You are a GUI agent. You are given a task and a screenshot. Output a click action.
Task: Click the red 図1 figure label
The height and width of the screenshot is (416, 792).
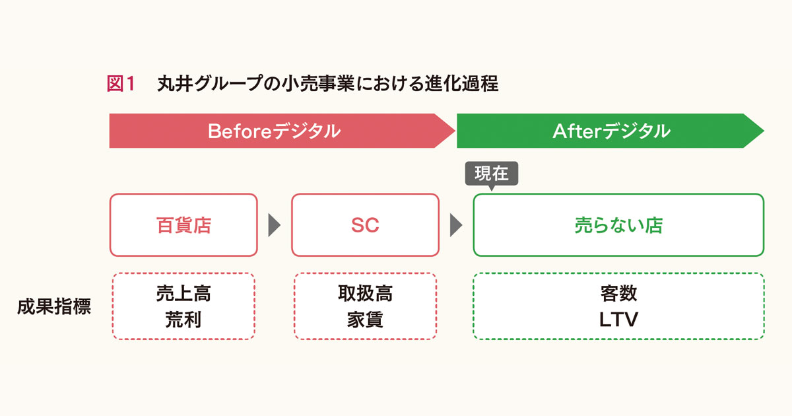tap(121, 84)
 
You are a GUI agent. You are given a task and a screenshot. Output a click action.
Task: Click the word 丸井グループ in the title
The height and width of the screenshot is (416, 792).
tap(211, 84)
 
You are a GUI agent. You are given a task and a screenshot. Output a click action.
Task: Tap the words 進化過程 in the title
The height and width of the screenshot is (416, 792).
tap(462, 84)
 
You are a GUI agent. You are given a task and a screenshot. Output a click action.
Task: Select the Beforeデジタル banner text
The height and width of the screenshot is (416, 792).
tap(274, 131)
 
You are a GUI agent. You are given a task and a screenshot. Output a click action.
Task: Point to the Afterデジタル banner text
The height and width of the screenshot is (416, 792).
tap(611, 131)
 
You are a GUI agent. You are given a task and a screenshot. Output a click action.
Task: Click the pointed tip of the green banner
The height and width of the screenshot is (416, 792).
tap(764, 131)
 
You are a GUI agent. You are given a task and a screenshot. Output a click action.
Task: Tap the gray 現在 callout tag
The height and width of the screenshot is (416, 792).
tap(492, 174)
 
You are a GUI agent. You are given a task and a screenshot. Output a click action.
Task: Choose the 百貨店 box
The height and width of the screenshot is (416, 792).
tap(183, 225)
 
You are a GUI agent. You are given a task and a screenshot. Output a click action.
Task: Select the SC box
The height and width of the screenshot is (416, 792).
tap(365, 225)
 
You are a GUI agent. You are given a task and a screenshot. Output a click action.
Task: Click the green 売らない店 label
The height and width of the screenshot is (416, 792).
tap(619, 225)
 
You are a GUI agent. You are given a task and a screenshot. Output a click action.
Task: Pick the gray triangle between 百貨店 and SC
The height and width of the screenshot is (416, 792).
tap(275, 225)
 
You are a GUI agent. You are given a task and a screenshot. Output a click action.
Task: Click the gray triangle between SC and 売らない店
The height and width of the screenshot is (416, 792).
tap(456, 225)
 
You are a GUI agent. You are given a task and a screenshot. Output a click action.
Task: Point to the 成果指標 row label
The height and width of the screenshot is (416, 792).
tap(54, 306)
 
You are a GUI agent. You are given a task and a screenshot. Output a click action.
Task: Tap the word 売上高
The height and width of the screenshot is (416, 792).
tap(183, 293)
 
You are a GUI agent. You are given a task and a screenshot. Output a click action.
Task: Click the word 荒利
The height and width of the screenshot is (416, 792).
tap(183, 320)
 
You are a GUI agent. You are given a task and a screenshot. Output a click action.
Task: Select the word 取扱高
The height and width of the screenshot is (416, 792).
tap(365, 293)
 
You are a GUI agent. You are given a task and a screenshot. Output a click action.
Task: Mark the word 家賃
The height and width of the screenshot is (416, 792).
tap(365, 320)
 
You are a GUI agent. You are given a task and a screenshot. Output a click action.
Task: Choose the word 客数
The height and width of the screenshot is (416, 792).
tap(619, 293)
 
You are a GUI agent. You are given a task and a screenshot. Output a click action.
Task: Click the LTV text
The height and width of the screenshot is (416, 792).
tap(619, 320)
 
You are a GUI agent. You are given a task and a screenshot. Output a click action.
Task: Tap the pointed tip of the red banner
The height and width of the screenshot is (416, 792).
tap(455, 131)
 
